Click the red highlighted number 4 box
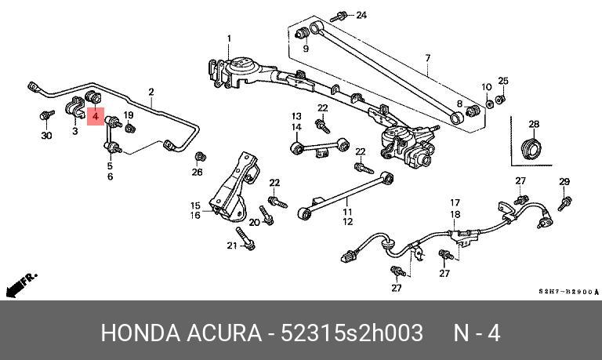pyautogui.click(x=96, y=117)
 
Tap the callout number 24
pyautogui.click(x=361, y=15)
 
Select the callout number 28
pyautogui.click(x=534, y=124)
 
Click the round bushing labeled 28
pyautogui.click(x=531, y=148)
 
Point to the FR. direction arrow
pyautogui.click(x=21, y=285)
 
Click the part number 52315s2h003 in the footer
pyautogui.click(x=352, y=333)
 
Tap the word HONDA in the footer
pyautogui.click(x=140, y=333)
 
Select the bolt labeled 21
pyautogui.click(x=245, y=238)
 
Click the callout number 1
pyautogui.click(x=229, y=38)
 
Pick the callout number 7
pyautogui.click(x=428, y=58)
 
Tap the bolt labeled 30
pyautogui.click(x=47, y=115)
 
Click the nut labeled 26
pyautogui.click(x=201, y=157)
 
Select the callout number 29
pyautogui.click(x=564, y=181)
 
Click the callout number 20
pyautogui.click(x=254, y=222)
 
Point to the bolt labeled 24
pyautogui.click(x=339, y=17)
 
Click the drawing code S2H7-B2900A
pyautogui.click(x=568, y=292)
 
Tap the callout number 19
pyautogui.click(x=129, y=115)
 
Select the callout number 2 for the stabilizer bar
pyautogui.click(x=151, y=92)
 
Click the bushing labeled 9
pyautogui.click(x=303, y=33)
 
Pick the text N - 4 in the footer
pyautogui.click(x=477, y=333)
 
